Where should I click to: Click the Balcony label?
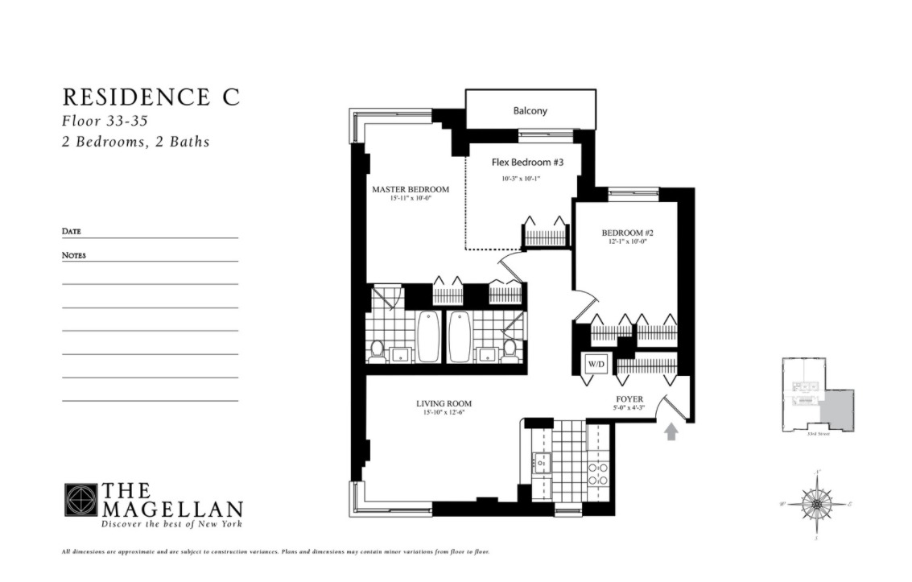(530, 111)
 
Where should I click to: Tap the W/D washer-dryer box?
(596, 364)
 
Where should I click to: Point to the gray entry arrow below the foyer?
(671, 432)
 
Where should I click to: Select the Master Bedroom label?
(410, 190)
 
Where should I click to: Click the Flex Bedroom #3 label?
(527, 163)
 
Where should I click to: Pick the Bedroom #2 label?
(627, 233)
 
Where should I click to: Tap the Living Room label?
(444, 403)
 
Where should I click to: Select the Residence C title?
(151, 97)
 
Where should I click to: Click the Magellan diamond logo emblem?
(80, 500)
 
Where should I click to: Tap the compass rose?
(816, 505)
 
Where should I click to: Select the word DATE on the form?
(72, 232)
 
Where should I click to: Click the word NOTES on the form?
(74, 255)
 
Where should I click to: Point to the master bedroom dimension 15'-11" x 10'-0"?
(410, 199)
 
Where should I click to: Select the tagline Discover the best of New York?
(171, 524)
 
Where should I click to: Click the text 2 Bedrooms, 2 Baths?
(135, 142)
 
